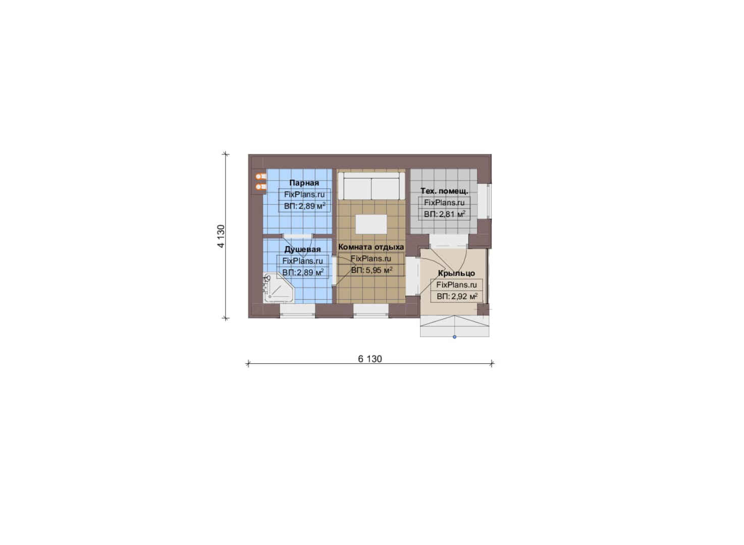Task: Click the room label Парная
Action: pos(304,183)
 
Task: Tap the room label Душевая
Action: pos(302,249)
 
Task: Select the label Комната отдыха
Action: pos(371,247)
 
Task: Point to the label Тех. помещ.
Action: pos(444,191)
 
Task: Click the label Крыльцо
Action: pos(456,274)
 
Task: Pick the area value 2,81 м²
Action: pos(452,214)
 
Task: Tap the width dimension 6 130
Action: pos(370,359)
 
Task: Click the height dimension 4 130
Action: pos(221,236)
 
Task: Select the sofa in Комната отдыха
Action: pos(371,186)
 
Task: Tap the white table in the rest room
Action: pos(371,224)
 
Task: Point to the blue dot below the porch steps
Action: pos(454,337)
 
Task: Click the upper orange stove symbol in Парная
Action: pos(261,176)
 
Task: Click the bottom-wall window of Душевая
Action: pos(297,311)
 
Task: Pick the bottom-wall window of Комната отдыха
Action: pos(370,311)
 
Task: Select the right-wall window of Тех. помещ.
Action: pos(484,201)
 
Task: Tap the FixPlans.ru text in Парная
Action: pos(304,195)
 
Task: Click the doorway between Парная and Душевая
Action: pos(297,236)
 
